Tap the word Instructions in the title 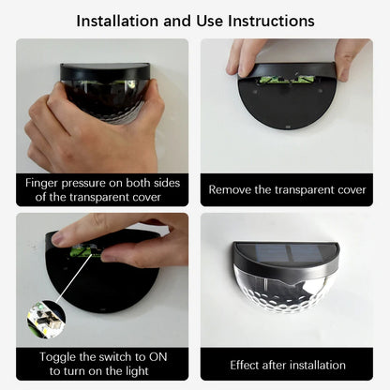point(267,20)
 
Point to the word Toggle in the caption point(61,356)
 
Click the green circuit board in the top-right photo point(285,80)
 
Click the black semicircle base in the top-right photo point(285,112)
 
